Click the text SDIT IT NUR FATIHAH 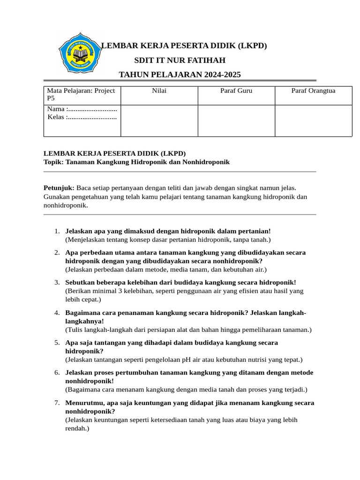(180, 60)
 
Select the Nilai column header (159, 91)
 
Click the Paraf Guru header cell (236, 91)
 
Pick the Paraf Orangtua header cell (313, 91)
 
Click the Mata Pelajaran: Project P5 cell (81, 95)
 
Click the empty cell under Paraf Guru (236, 120)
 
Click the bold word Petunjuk (59, 187)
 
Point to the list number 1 (56, 231)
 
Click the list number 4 (56, 313)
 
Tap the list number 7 (56, 403)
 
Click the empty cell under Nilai (159, 120)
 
